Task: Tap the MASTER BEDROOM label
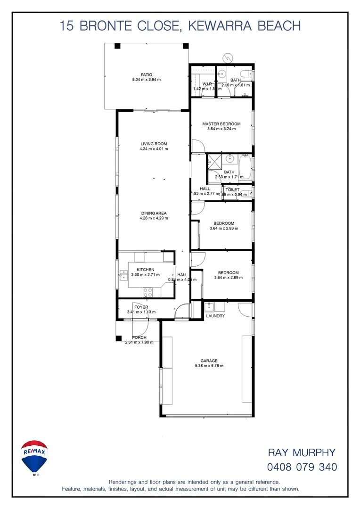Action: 221,124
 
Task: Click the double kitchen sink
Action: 123,274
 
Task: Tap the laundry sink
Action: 210,307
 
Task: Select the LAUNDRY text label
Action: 215,316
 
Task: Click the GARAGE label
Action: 209,361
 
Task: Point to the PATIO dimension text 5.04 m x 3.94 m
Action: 147,80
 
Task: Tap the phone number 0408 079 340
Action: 302,468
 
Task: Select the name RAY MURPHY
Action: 302,453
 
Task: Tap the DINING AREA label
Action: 154,213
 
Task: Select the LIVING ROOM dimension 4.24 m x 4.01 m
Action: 154,149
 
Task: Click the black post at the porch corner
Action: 118,337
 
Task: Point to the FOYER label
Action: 141,307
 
